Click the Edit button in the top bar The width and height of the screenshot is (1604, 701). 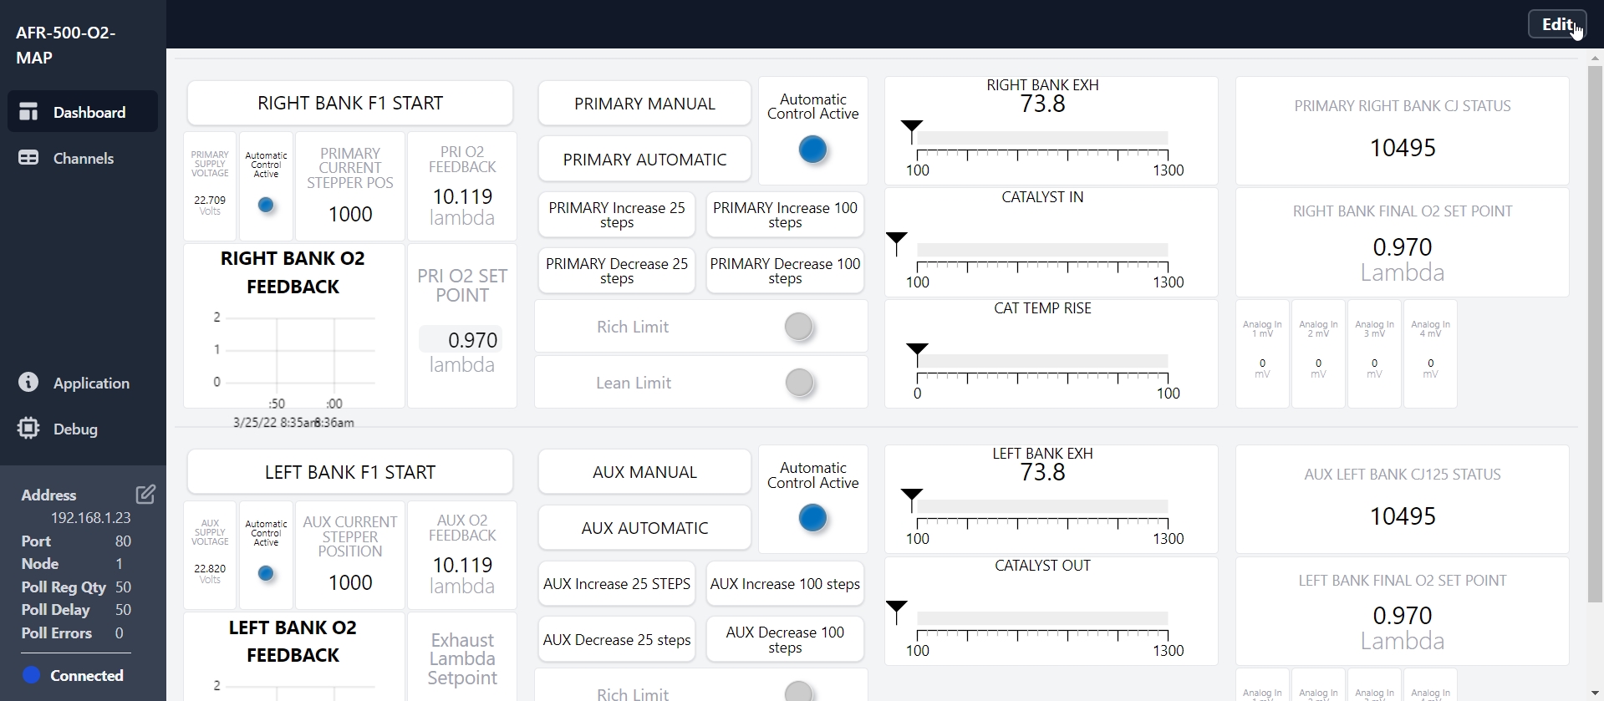click(1556, 24)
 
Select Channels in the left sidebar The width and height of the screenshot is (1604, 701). click(83, 159)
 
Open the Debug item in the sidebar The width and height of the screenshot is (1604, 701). click(75, 429)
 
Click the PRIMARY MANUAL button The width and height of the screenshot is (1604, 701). click(644, 104)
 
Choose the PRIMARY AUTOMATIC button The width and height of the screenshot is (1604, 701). click(644, 160)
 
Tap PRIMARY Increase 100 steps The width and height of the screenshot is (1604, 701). click(785, 216)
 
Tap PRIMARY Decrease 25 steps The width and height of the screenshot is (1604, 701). click(617, 272)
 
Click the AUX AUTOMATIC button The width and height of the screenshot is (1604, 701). click(644, 528)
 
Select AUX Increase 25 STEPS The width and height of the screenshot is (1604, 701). click(617, 584)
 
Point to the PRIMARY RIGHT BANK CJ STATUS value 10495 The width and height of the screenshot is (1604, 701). click(1402, 148)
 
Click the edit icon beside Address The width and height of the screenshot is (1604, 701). click(145, 495)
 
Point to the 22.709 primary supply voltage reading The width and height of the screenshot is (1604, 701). click(210, 201)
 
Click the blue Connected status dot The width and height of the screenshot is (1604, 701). click(32, 675)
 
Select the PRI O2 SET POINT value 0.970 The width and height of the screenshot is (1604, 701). click(471, 340)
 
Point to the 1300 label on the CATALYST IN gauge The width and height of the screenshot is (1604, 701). click(1168, 282)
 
